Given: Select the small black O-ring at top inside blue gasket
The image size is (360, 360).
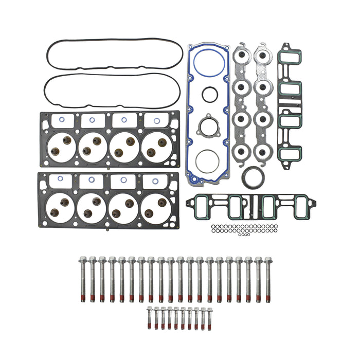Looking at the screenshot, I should pyautogui.click(x=209, y=95).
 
